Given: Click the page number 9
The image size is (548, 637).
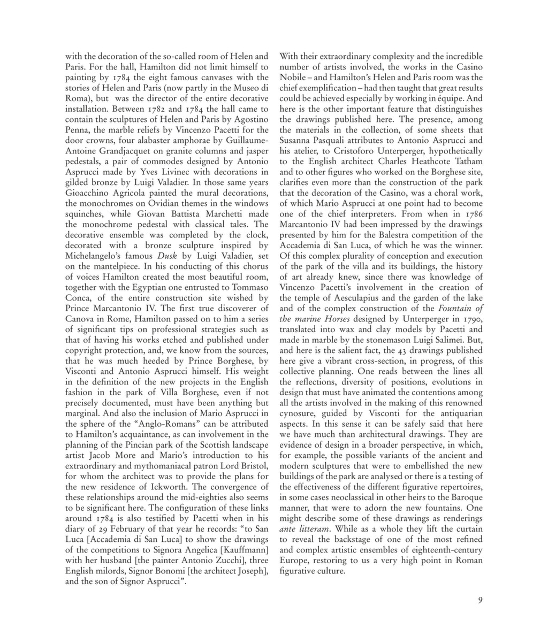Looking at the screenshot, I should (x=480, y=600).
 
